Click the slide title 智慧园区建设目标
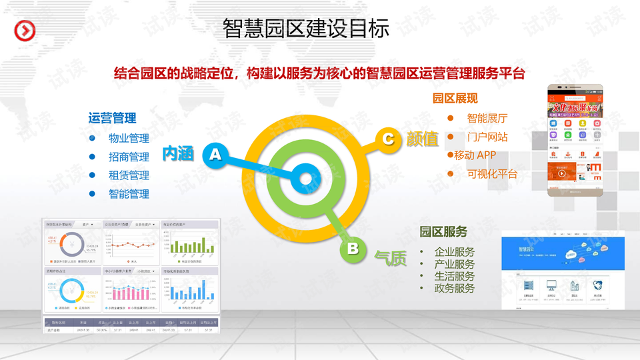[x=306, y=28]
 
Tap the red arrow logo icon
[x=25, y=31]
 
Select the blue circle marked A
[x=215, y=155]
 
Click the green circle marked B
[x=353, y=249]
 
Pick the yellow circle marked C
[x=388, y=138]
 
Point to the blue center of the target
[x=305, y=179]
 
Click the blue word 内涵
[x=178, y=154]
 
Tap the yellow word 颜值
[x=423, y=139]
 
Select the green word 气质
[x=391, y=258]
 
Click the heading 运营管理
[x=112, y=118]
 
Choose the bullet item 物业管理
[x=129, y=139]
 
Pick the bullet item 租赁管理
[x=129, y=175]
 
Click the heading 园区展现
[x=455, y=99]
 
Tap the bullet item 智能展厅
[x=487, y=118]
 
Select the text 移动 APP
[x=475, y=155]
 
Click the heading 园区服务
[x=443, y=231]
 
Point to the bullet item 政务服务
[x=455, y=288]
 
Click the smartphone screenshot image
[x=575, y=140]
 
